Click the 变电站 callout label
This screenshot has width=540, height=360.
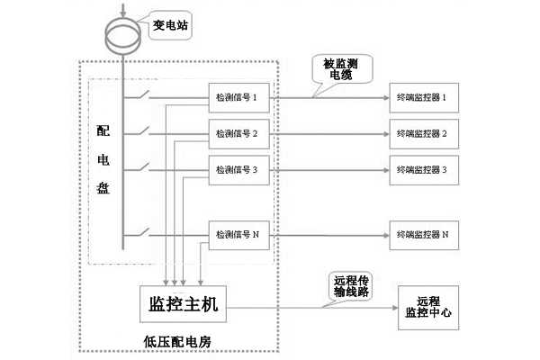point(170,25)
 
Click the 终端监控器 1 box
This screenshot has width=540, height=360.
point(423,96)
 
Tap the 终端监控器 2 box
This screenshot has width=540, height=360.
point(423,133)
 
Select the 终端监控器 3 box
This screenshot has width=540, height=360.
point(423,168)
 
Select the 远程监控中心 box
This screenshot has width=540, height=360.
point(430,309)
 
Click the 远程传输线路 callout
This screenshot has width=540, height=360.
point(346,287)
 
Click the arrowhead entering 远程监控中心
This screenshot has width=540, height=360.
point(392,309)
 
